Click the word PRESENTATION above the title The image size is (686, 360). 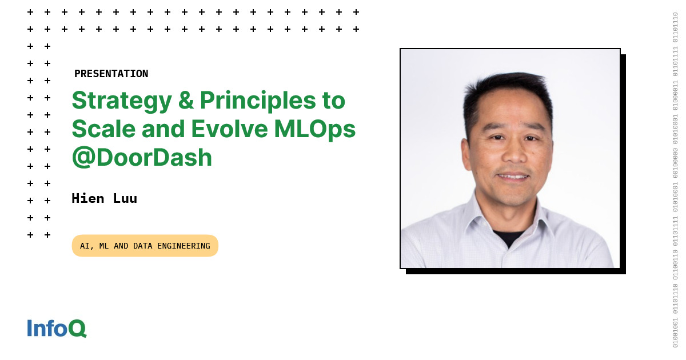coord(111,74)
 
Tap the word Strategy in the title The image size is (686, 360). coord(122,102)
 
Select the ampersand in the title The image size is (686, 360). coord(186,100)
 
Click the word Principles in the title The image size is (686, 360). coord(258,102)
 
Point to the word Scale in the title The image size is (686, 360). coord(103,129)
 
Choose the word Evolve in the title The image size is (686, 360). coord(229,129)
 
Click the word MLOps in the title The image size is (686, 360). coord(315,130)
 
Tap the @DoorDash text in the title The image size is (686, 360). coord(142,157)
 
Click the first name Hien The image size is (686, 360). coord(88,198)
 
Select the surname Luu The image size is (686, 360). coord(125,198)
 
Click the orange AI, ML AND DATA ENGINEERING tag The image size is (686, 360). coord(145,246)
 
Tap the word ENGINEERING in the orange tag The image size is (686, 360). coord(184,246)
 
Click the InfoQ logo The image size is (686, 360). coord(57,328)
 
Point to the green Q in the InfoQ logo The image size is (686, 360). coord(77,329)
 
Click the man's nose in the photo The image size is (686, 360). coord(514,153)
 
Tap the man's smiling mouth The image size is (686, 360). coord(513,177)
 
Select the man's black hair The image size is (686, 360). coord(508,92)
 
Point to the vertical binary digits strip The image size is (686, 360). coord(675,180)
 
